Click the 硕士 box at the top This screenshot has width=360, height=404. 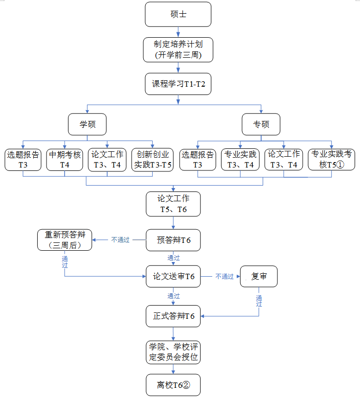pos(178,14)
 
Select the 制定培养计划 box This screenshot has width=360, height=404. pos(178,49)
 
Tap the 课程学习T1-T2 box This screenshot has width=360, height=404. pos(178,84)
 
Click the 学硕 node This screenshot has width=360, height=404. pos(87,124)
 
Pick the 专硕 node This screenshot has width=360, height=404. pos(261,124)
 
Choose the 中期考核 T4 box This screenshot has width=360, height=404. pos(65,160)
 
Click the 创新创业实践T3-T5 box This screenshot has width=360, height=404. pos(153,160)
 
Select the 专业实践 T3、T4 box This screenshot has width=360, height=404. pos(240,160)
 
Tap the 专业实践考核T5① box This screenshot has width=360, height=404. pos(332,160)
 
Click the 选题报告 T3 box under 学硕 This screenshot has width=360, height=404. pos(23,160)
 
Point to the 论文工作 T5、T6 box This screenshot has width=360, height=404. pos(173,204)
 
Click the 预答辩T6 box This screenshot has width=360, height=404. pos(173,240)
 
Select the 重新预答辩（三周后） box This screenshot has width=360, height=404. pos(65,240)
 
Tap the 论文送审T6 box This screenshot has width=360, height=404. pos(173,277)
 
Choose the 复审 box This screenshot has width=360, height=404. pos(258,277)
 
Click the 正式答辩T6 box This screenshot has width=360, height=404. pos(173,316)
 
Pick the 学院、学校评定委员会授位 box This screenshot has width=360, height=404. pos(173,352)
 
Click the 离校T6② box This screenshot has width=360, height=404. pos(173,385)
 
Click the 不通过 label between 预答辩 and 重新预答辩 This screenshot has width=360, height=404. pos(120,240)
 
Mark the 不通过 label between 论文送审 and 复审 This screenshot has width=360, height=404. pos(225,277)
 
